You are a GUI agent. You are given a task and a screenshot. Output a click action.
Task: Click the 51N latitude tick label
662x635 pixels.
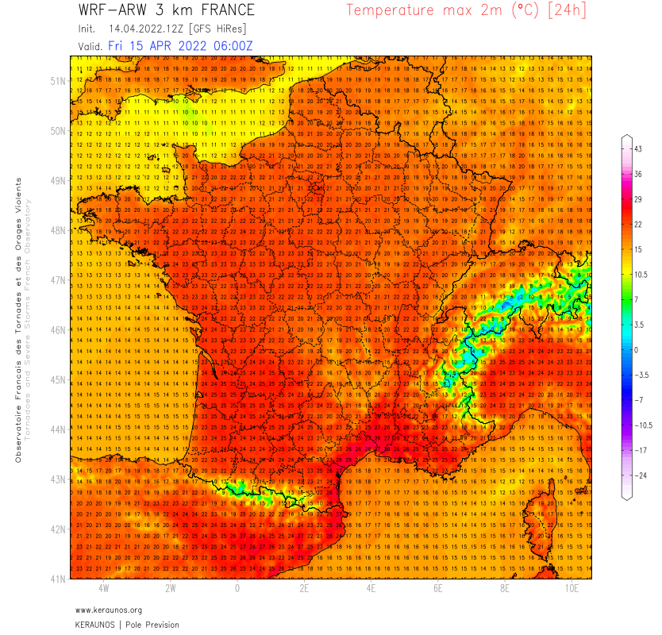(x=58, y=81)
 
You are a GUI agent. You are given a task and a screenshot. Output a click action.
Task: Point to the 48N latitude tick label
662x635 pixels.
(x=58, y=230)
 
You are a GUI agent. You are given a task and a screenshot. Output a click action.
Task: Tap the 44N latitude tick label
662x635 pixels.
(x=58, y=429)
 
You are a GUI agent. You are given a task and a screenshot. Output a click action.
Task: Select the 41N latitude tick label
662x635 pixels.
(x=58, y=579)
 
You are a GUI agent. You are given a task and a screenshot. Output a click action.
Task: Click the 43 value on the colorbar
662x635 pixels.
(x=637, y=149)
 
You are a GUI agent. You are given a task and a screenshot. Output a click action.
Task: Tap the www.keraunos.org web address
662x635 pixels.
(x=109, y=610)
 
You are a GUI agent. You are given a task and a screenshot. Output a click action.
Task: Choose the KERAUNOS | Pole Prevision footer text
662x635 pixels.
(x=127, y=625)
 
